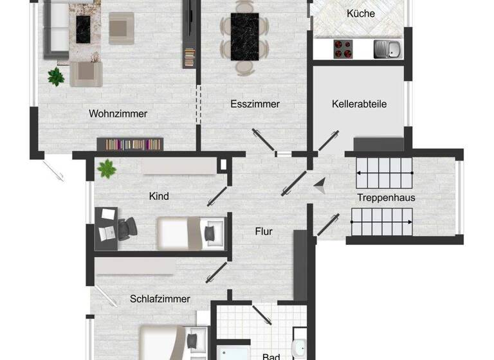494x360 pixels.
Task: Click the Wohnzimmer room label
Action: [x=118, y=114]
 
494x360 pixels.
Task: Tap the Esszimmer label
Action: [x=255, y=104]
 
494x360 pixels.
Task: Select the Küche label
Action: [x=360, y=13]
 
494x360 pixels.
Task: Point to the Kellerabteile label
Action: [x=360, y=104]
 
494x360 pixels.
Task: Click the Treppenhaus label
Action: [x=386, y=197]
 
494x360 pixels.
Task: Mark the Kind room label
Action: [x=159, y=196]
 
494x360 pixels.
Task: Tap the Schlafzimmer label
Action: [x=160, y=298]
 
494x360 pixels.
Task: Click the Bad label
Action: [x=271, y=356]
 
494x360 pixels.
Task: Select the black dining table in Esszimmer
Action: [x=244, y=35]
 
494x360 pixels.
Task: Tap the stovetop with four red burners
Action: [x=343, y=48]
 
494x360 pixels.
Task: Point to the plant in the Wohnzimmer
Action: [x=56, y=77]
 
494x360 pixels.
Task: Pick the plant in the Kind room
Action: [x=105, y=169]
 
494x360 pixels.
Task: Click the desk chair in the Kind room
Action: [x=127, y=228]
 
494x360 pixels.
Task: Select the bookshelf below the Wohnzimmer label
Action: [x=127, y=144]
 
